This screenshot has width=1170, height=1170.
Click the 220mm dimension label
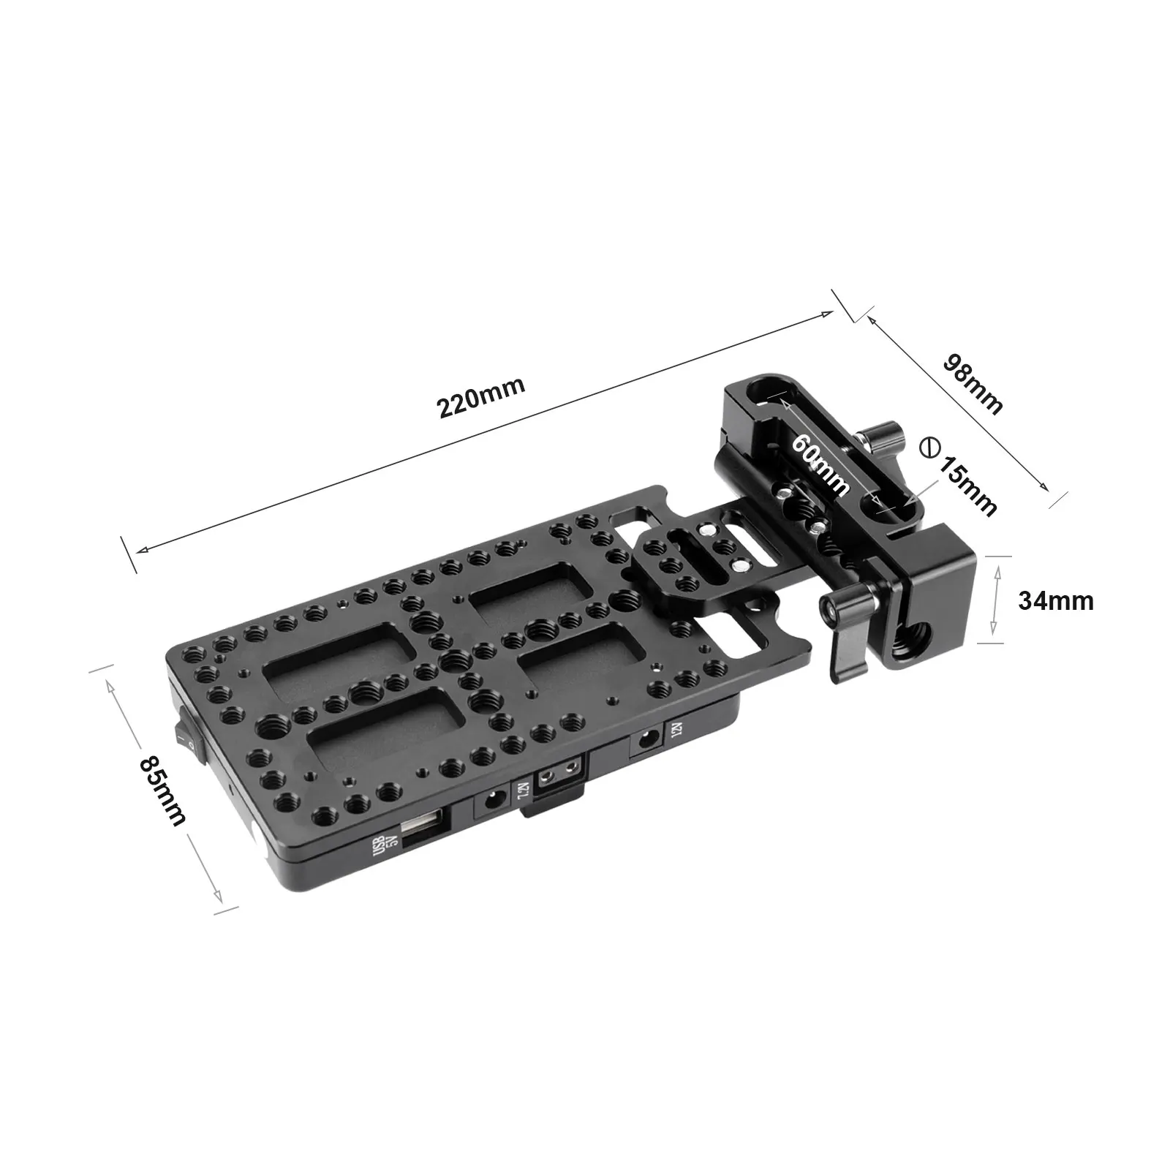[481, 396]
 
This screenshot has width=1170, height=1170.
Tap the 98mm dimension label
[973, 383]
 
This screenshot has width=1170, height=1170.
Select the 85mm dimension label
[162, 790]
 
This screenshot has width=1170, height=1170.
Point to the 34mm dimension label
[1056, 600]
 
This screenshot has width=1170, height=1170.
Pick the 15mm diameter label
[970, 486]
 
